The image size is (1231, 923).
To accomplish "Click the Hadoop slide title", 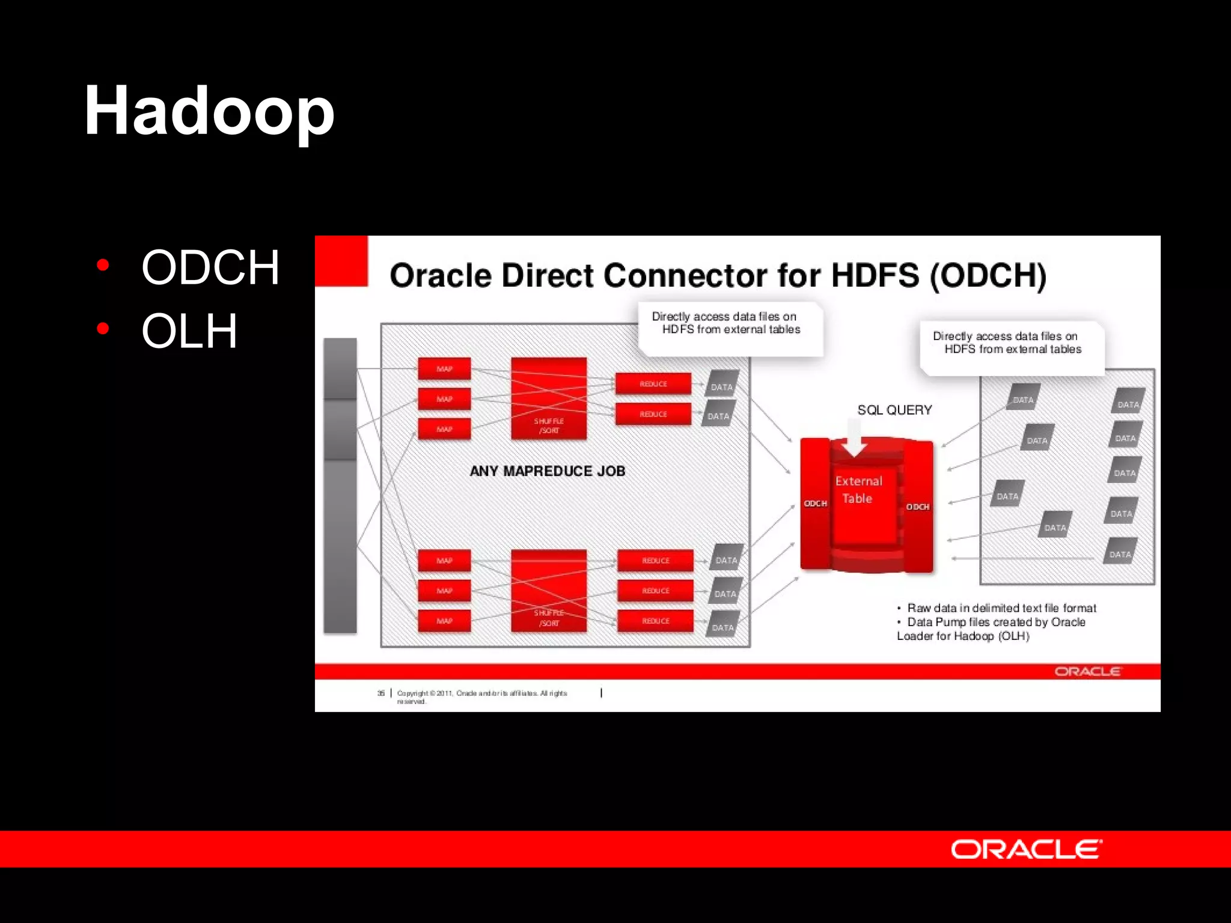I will [209, 112].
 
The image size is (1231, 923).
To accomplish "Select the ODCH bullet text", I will [210, 267].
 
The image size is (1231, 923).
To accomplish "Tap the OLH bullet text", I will [189, 331].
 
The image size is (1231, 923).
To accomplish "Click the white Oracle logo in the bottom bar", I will [1026, 849].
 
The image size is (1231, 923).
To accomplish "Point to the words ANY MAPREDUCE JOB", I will [548, 471].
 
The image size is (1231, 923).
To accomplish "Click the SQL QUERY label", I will [894, 410].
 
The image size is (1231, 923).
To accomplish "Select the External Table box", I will [858, 490].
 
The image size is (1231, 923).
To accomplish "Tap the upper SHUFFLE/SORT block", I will [549, 398].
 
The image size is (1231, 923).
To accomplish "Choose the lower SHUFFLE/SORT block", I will [549, 590].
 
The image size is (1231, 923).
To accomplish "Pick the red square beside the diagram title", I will [341, 261].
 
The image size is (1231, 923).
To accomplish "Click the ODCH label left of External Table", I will [815, 504].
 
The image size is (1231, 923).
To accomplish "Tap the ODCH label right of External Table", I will [918, 507].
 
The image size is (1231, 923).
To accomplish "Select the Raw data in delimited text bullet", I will [1001, 608].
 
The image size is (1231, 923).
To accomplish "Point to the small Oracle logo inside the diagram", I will [1087, 671].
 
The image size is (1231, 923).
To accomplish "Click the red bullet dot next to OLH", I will [103, 329].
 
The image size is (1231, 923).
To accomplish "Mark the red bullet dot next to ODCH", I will [103, 265].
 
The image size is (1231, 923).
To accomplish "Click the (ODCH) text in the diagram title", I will [988, 276].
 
